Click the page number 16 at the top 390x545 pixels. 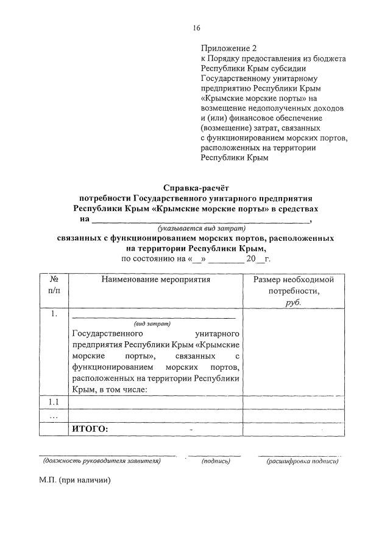[196, 28]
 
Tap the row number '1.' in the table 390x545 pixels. [55, 314]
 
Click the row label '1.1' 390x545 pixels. [55, 402]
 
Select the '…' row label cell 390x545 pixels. [55, 416]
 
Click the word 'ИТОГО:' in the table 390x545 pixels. [90, 429]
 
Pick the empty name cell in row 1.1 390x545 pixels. [156, 402]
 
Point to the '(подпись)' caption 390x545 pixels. [216, 461]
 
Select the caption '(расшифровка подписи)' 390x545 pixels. [302, 461]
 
